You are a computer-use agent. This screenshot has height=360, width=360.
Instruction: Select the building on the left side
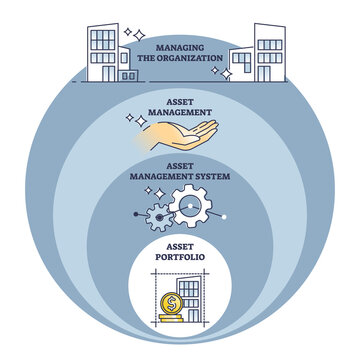[106, 52]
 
